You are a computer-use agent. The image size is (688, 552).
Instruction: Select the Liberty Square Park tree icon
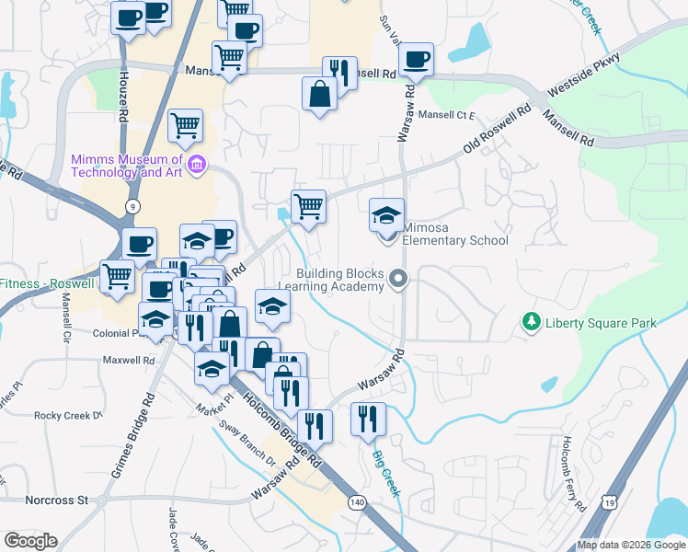click(530, 322)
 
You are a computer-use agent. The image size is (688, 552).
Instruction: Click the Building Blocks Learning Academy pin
click(398, 277)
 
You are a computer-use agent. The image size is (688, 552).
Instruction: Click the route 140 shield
click(357, 502)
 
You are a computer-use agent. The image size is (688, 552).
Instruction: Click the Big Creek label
click(386, 473)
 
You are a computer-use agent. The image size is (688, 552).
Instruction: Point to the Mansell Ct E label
click(446, 115)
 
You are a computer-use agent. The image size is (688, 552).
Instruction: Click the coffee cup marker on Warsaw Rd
click(417, 59)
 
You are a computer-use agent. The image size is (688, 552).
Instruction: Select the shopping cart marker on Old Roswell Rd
click(308, 206)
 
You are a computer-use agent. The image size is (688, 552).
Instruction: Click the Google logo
click(30, 541)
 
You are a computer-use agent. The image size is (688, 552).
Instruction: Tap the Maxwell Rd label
click(129, 360)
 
